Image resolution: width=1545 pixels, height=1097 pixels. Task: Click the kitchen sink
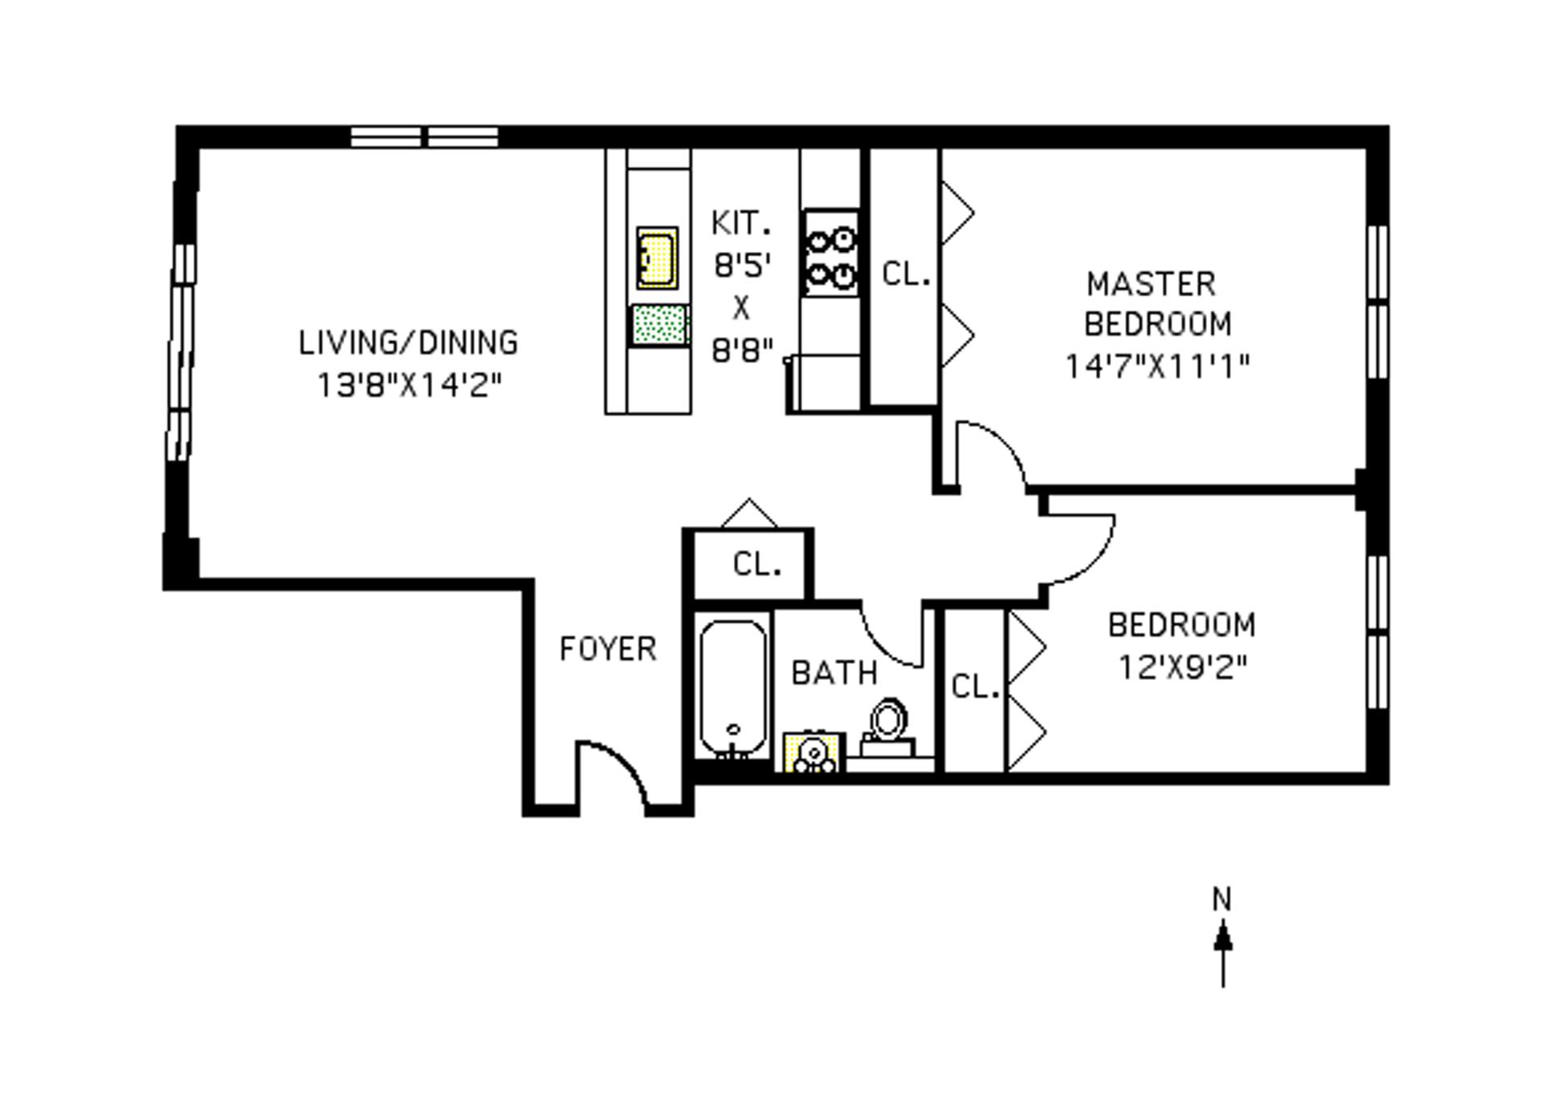pyautogui.click(x=657, y=258)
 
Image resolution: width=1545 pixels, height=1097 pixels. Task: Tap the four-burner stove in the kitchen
pyautogui.click(x=831, y=253)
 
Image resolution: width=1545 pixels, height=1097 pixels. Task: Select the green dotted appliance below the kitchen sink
pyautogui.click(x=660, y=326)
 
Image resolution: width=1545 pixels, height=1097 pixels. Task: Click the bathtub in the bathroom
pyautogui.click(x=732, y=688)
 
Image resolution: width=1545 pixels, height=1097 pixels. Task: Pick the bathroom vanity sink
pyautogui.click(x=814, y=753)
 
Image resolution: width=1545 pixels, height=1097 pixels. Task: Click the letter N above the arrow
pyautogui.click(x=1222, y=899)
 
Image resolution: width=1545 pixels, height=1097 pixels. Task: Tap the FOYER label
pyautogui.click(x=608, y=649)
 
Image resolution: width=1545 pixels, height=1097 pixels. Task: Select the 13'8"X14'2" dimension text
pyautogui.click(x=410, y=386)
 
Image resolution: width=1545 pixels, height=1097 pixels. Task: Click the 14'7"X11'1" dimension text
pyautogui.click(x=1157, y=367)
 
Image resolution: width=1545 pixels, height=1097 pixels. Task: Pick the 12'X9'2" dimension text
pyautogui.click(x=1183, y=667)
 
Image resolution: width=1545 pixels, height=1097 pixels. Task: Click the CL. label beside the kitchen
pyautogui.click(x=906, y=274)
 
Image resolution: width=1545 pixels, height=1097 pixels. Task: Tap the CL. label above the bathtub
pyautogui.click(x=756, y=564)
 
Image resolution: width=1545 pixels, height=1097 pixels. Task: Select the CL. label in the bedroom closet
pyautogui.click(x=974, y=687)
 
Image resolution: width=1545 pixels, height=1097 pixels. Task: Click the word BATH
pyautogui.click(x=834, y=673)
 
